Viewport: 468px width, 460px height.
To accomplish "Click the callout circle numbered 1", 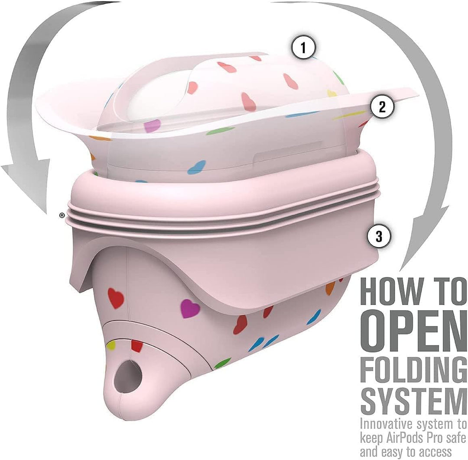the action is coord(303,48).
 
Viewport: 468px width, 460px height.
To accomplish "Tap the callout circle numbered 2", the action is coord(382,106).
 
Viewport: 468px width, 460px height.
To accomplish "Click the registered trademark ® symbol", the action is coord(62,215).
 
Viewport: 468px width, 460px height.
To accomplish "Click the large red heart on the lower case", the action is coord(116,298).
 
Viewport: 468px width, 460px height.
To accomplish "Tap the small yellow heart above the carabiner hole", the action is coord(111,345).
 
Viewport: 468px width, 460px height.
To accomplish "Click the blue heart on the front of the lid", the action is coord(197,167).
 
